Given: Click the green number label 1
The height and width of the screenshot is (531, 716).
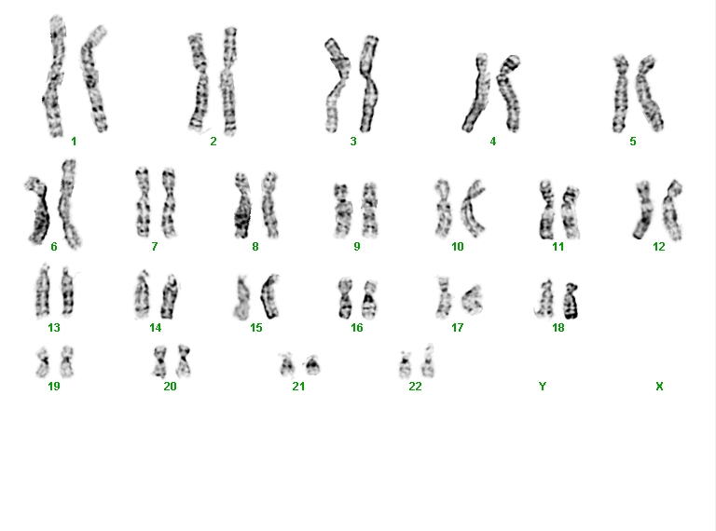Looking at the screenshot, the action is [x=74, y=142].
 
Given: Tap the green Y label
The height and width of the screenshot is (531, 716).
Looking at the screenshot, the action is [x=543, y=387].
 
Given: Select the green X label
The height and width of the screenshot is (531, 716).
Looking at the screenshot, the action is [x=659, y=387].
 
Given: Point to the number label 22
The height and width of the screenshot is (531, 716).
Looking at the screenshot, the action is [x=415, y=387].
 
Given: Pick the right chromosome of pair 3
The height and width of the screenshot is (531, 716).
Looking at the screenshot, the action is [x=369, y=85].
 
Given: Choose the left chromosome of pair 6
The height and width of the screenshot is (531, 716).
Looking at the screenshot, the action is [x=39, y=211].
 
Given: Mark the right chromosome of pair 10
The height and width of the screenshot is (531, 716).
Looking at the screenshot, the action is [x=473, y=209].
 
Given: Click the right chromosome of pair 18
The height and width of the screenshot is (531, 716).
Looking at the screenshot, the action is [x=571, y=301].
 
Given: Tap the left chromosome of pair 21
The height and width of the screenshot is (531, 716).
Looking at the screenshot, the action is [x=287, y=366].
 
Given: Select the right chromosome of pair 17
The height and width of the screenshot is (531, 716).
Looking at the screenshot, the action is [x=471, y=299].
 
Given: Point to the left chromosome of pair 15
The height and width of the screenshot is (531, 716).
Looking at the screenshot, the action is [x=241, y=297].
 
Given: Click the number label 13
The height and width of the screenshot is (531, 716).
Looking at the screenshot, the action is [x=54, y=328].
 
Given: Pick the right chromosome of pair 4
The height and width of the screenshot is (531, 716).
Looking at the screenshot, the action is [x=509, y=93].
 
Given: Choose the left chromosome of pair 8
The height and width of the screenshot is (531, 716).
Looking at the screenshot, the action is [x=242, y=205].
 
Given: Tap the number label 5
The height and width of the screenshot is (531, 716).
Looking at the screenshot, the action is [x=633, y=142].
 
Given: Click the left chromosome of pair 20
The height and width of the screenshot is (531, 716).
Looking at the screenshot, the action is [x=159, y=361].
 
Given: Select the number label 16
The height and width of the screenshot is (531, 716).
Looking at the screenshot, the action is [x=357, y=328].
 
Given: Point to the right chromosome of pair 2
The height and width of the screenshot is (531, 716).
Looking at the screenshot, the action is [x=229, y=81].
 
